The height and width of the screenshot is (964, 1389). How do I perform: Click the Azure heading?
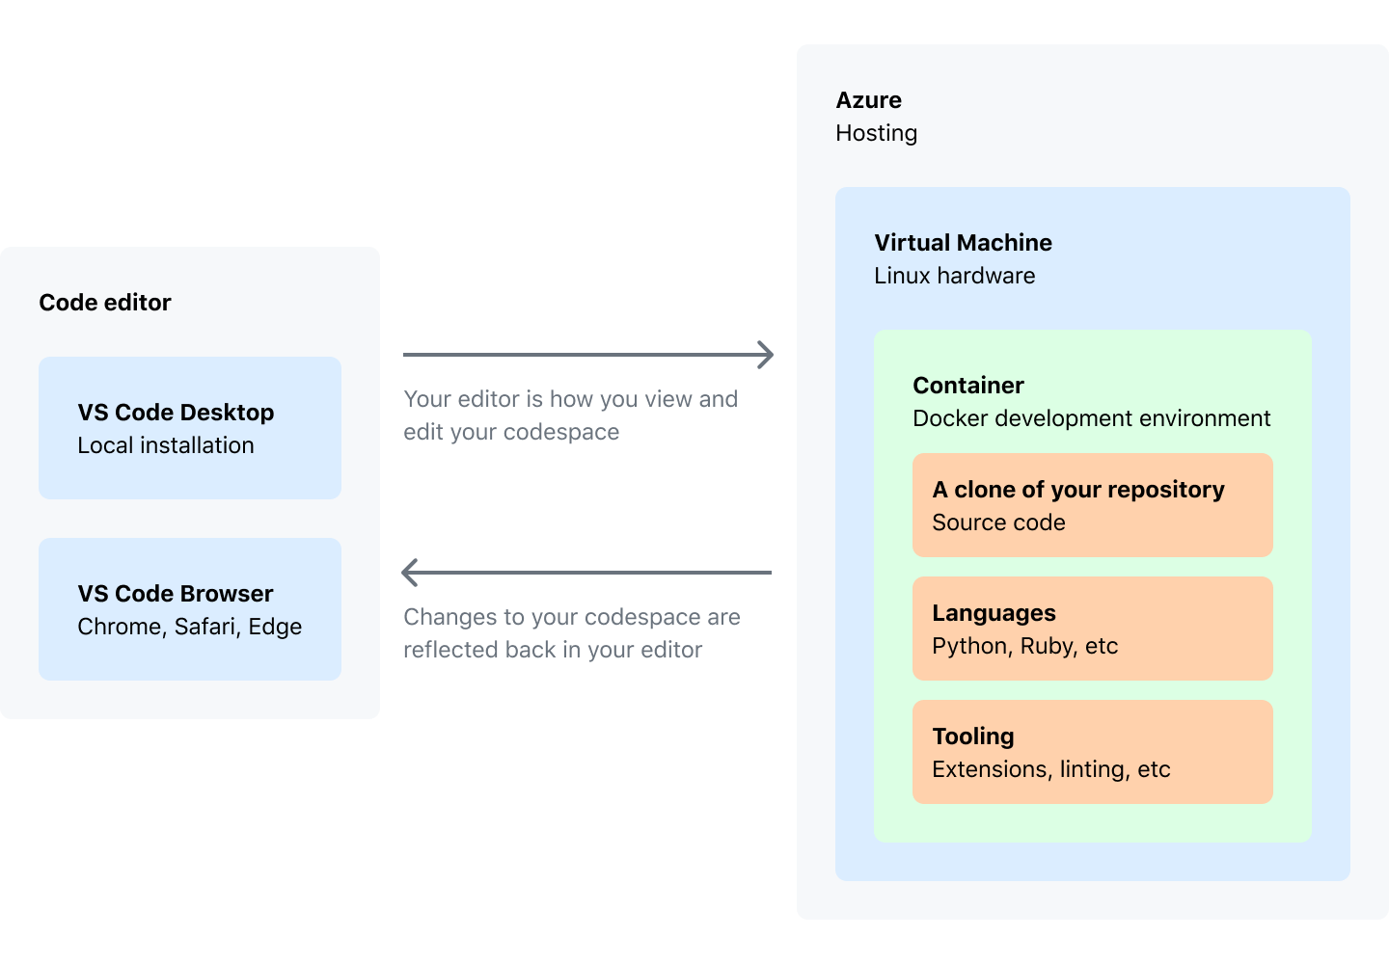[x=868, y=99]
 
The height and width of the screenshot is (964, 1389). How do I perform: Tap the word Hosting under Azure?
[x=876, y=133]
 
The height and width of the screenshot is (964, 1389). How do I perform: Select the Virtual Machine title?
[x=963, y=242]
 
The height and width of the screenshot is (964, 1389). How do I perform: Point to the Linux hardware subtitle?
[x=954, y=276]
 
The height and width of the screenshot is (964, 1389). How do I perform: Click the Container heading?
[x=968, y=386]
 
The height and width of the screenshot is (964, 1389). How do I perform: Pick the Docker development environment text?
[x=1091, y=418]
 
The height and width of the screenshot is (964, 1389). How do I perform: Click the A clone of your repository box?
[x=1093, y=505]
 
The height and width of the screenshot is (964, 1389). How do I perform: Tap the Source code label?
[x=998, y=522]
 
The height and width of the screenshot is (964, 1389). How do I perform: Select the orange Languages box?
[x=1093, y=629]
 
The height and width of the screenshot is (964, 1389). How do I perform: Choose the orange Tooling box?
[x=1093, y=752]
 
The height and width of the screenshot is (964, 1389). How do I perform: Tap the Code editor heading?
[x=105, y=303]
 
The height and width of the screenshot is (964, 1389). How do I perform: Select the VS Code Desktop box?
[x=190, y=427]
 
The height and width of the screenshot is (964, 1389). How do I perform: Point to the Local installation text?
[x=166, y=445]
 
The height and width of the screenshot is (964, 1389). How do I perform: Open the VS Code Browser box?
[x=190, y=609]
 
